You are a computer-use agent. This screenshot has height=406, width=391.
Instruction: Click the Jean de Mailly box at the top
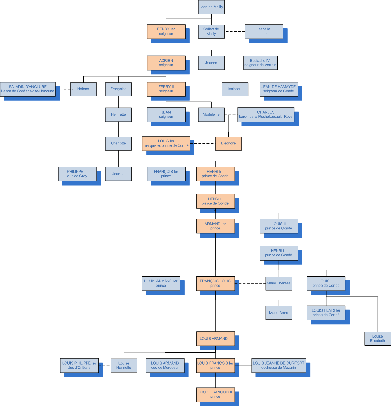(x=211, y=7)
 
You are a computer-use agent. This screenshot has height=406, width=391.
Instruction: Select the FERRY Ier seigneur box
(x=166, y=31)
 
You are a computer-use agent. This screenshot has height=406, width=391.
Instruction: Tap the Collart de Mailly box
(x=211, y=31)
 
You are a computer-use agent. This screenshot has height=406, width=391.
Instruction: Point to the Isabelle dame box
(x=264, y=31)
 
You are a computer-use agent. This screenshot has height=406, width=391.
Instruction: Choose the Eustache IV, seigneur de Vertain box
(x=260, y=63)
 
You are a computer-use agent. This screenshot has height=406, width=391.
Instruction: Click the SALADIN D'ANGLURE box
(x=28, y=89)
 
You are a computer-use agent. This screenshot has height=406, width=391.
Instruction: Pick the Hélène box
(x=83, y=89)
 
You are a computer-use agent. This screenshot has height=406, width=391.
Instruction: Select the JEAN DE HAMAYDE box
(x=279, y=89)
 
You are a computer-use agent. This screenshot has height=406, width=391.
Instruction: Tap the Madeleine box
(x=211, y=115)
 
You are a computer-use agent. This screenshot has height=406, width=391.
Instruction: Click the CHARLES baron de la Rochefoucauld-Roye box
(x=266, y=115)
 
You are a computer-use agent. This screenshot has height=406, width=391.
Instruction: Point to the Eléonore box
(x=228, y=143)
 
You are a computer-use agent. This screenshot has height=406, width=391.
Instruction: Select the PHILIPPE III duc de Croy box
(x=77, y=174)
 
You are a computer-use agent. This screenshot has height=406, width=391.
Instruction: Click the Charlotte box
(x=118, y=143)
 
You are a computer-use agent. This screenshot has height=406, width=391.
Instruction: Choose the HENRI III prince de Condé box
(x=279, y=253)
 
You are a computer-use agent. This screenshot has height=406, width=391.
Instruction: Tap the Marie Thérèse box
(x=279, y=283)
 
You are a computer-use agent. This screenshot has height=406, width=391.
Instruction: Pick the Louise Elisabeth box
(x=378, y=339)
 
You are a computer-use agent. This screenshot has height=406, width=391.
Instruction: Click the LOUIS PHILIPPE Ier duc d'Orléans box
(x=79, y=366)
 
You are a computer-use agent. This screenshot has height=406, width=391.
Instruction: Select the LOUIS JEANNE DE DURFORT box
(x=279, y=366)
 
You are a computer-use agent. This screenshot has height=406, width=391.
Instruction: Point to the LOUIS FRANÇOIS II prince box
(x=215, y=394)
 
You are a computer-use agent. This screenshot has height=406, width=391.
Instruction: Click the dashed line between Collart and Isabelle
(x=235, y=32)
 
